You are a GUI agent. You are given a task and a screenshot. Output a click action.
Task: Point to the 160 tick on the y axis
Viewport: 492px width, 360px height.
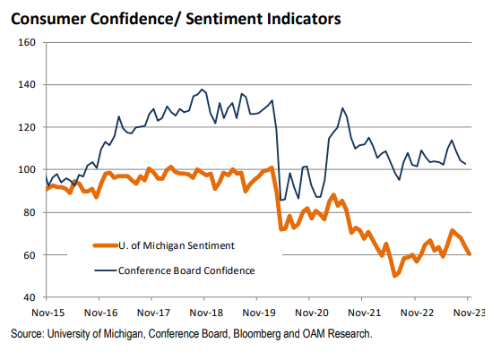click(26, 42)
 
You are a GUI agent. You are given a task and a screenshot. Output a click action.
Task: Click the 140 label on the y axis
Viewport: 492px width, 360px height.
click(26, 85)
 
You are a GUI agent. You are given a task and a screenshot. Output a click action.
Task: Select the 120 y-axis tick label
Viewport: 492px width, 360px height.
click(26, 127)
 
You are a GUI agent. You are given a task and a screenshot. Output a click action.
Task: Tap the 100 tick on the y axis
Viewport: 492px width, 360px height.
click(26, 169)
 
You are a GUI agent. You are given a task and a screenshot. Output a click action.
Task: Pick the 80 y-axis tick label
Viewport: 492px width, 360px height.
click(29, 212)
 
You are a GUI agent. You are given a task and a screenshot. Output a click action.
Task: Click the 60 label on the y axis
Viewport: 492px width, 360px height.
click(29, 255)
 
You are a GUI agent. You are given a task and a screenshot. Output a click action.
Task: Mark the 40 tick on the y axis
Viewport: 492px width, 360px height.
click(29, 297)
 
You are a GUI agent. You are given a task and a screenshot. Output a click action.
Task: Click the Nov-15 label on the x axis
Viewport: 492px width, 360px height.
click(47, 314)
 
